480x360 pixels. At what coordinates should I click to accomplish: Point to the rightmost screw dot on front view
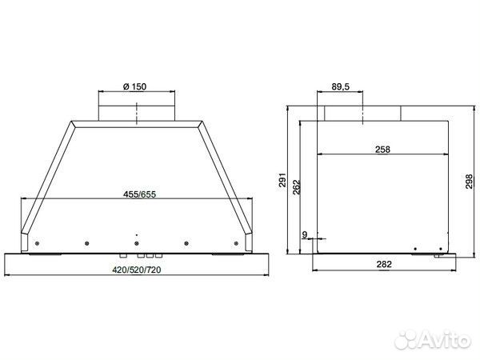point(237,243)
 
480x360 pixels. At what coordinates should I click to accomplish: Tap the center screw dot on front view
point(137,243)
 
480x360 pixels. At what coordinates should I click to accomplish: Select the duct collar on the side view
point(362,114)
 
